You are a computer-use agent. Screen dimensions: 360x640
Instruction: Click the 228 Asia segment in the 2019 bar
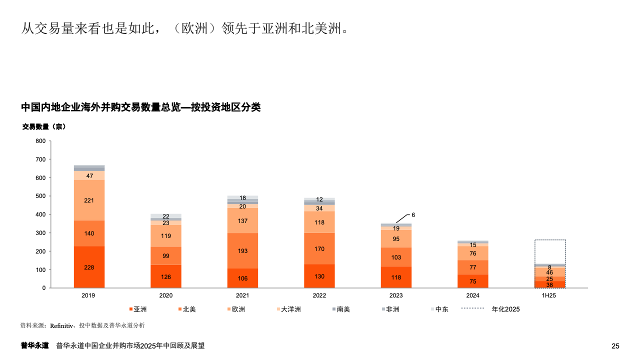[x=89, y=267]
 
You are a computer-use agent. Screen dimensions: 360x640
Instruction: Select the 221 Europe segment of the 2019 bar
[x=89, y=200]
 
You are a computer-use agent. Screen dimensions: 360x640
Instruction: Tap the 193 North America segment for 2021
[x=242, y=250]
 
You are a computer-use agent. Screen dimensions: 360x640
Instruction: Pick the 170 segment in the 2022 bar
[x=319, y=248]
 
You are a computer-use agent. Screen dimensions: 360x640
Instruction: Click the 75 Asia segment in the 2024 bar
[x=473, y=281]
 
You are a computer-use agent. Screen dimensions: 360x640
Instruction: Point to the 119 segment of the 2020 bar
[x=166, y=236]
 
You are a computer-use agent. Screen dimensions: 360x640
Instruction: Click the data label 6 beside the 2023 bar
[x=413, y=215]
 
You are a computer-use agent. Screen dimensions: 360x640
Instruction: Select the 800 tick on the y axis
[x=40, y=141]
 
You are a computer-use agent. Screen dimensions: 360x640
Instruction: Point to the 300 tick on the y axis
[x=40, y=233]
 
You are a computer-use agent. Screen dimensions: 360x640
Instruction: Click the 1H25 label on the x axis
[x=549, y=295]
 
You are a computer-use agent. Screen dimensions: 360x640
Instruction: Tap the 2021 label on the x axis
[x=242, y=295]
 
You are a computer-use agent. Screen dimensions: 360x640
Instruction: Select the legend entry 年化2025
[x=505, y=309]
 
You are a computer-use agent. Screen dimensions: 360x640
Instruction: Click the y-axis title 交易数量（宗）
[x=44, y=127]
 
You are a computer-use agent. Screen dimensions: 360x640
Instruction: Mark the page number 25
[x=615, y=346]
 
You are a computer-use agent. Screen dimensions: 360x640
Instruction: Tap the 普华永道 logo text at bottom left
[x=34, y=345]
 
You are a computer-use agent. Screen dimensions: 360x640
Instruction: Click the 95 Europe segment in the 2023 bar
[x=396, y=238]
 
